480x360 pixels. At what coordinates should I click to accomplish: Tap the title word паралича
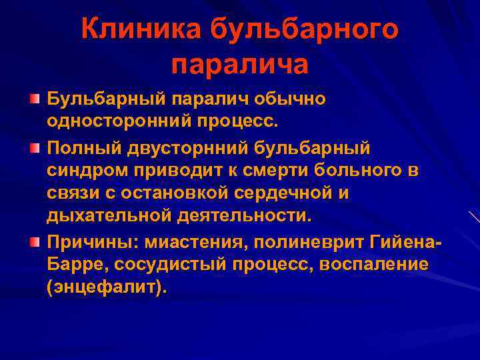pos(240,65)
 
